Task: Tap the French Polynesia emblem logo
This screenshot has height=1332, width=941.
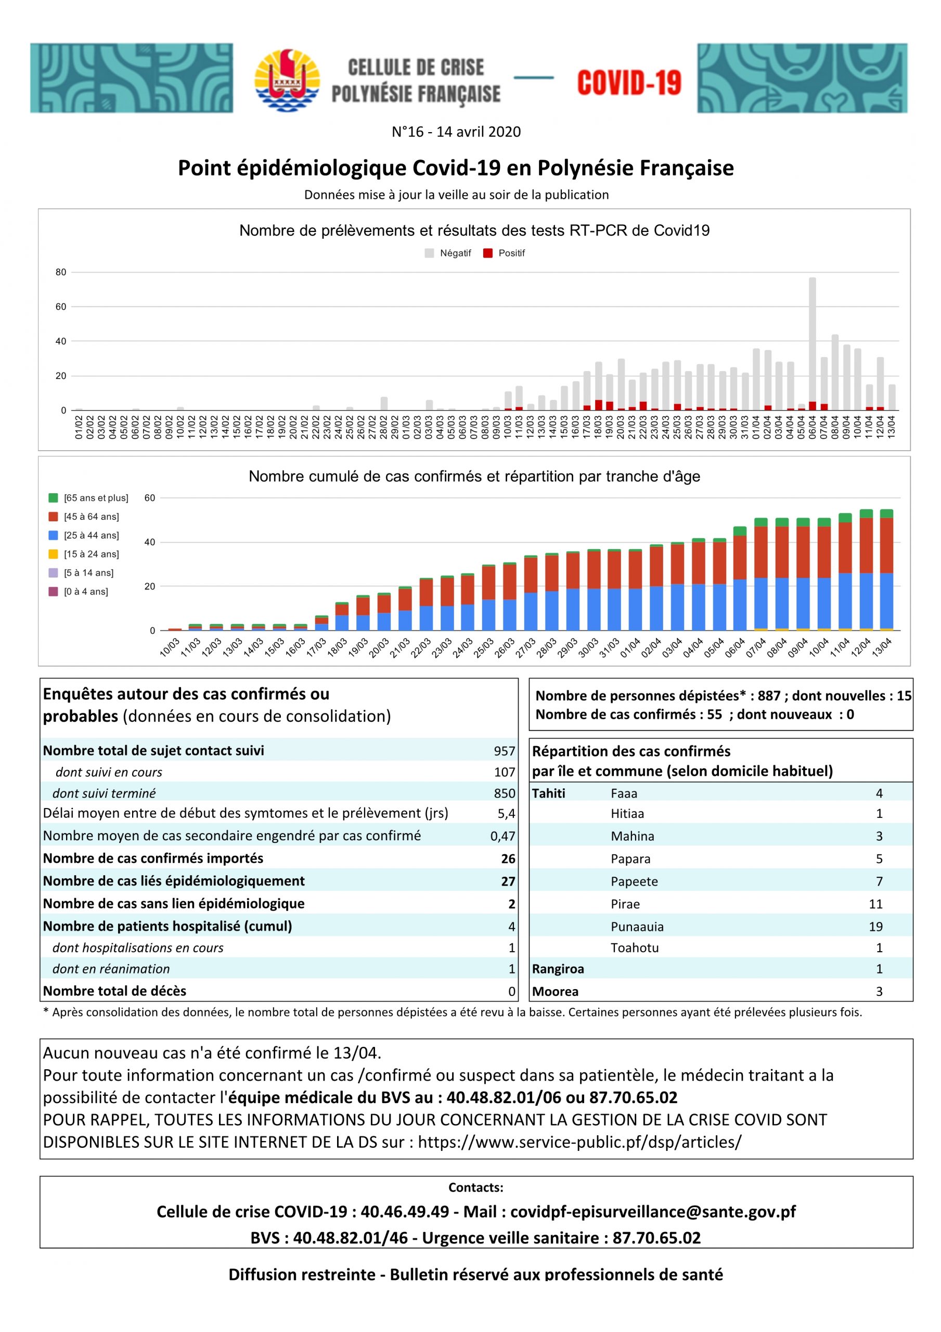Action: (x=287, y=81)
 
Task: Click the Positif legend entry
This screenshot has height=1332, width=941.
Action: (x=504, y=253)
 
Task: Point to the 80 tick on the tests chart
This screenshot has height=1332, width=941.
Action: (x=61, y=272)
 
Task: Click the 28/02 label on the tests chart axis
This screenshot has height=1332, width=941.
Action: (x=384, y=427)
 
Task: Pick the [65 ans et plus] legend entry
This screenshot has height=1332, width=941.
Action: (x=89, y=498)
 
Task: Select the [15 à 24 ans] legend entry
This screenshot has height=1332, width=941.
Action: (x=84, y=554)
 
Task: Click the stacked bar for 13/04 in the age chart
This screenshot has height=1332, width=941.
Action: (x=886, y=570)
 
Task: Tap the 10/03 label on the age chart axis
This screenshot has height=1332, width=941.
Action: (x=170, y=647)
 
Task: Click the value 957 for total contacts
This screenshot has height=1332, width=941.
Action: (x=504, y=751)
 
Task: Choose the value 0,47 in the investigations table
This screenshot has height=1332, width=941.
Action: (x=502, y=836)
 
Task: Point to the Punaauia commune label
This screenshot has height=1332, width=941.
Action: (x=637, y=927)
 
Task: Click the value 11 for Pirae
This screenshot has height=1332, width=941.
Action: (x=875, y=904)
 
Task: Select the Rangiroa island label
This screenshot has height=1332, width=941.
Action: (x=558, y=969)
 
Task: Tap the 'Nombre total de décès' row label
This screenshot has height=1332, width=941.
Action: (x=114, y=991)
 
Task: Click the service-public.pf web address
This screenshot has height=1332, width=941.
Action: (x=579, y=1142)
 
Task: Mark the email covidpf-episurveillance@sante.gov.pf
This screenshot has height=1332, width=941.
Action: (x=653, y=1211)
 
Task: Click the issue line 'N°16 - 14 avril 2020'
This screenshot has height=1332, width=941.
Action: (x=456, y=132)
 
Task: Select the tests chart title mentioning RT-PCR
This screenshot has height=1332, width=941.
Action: (x=474, y=230)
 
